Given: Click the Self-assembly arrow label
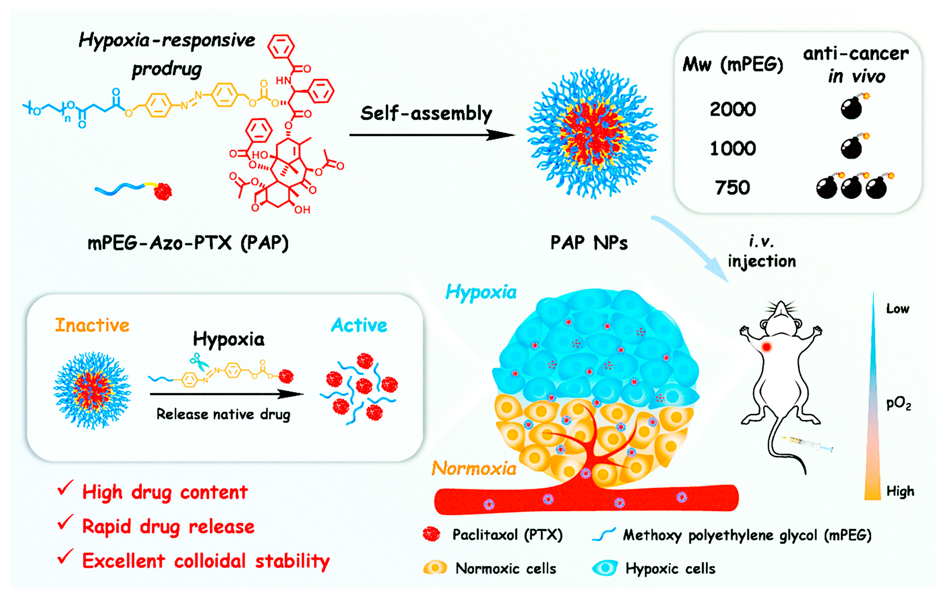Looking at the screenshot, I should click(x=426, y=113).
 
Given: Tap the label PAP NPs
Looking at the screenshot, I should click(x=589, y=243).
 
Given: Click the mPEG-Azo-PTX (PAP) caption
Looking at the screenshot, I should click(x=188, y=243).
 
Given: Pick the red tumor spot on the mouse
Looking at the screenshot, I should click(x=766, y=347).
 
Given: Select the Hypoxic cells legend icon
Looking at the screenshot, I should click(x=605, y=568).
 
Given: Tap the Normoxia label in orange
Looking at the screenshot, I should click(x=474, y=468).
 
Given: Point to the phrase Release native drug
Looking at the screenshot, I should click(x=223, y=414).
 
